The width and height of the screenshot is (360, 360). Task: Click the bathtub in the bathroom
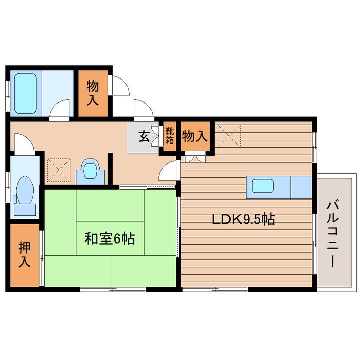click(25, 93)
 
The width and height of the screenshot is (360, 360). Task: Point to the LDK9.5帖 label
click(244, 219)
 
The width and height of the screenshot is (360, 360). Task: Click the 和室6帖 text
click(109, 239)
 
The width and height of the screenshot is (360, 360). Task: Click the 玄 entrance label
click(144, 136)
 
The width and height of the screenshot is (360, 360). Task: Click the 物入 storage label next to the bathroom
click(93, 93)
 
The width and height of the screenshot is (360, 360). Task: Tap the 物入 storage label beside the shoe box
click(194, 136)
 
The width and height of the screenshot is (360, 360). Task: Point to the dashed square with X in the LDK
click(229, 135)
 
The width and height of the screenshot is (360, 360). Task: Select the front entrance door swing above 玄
click(142, 108)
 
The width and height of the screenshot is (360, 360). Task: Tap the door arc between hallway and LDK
click(168, 171)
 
